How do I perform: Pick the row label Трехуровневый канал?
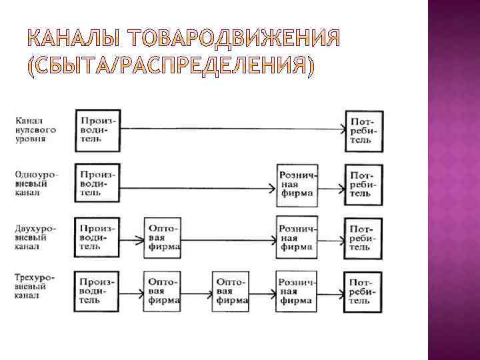coord(35,286)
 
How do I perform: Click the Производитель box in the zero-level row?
coord(97,130)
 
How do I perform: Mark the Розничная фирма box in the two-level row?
coord(297,237)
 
